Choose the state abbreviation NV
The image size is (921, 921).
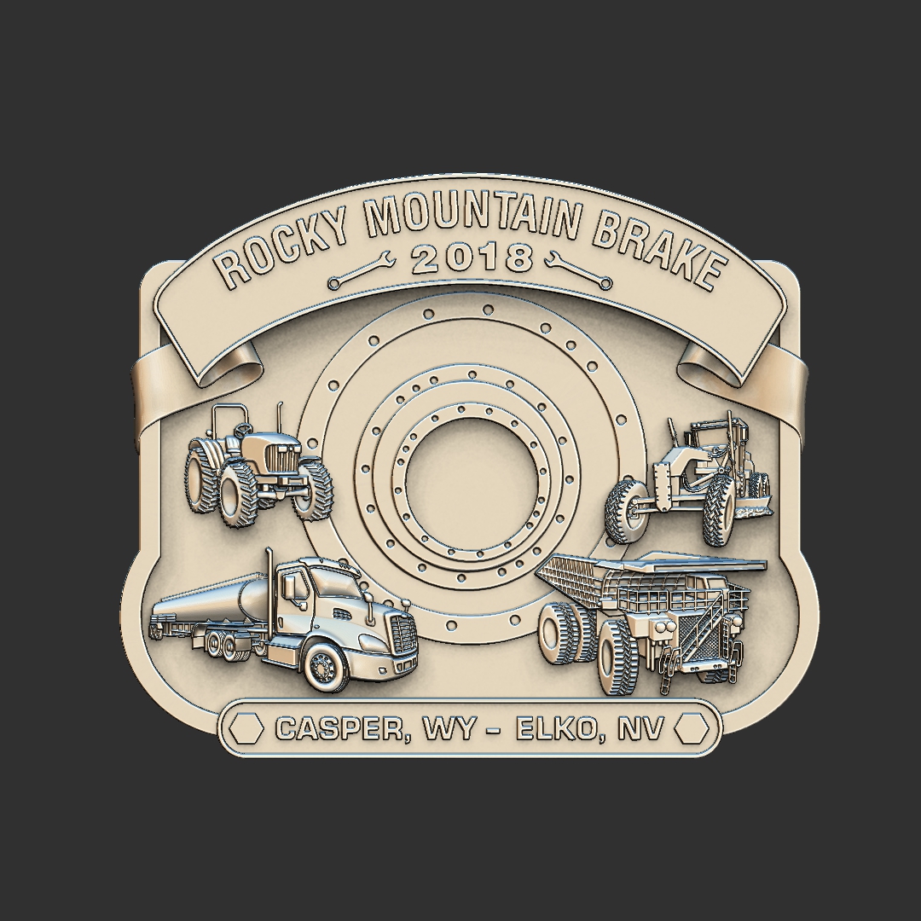[x=642, y=728]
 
